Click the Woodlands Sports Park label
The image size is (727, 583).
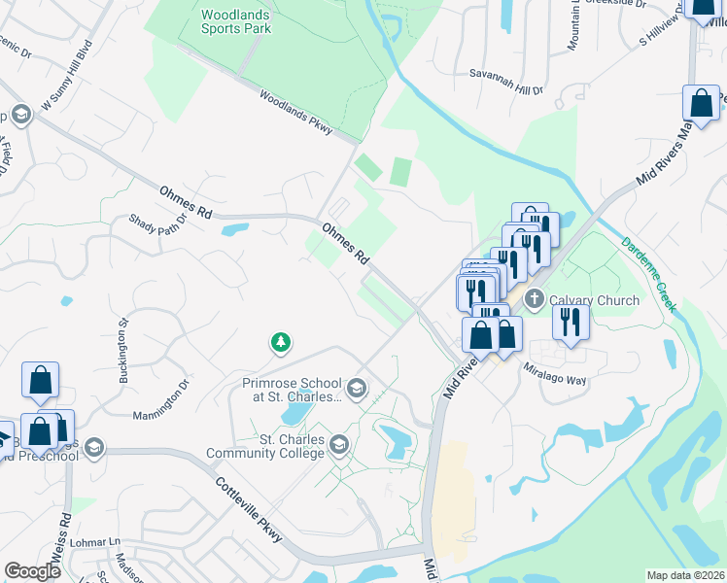point(236,21)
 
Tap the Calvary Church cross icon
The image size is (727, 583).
point(534,300)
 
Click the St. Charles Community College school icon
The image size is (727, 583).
point(339,446)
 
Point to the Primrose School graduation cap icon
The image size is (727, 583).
point(357,389)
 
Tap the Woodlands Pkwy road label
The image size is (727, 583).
point(296,112)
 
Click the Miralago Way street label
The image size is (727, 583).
point(555,374)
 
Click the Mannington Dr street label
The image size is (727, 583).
point(161,400)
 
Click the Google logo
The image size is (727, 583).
point(32,571)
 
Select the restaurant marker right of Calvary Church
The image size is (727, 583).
point(571,323)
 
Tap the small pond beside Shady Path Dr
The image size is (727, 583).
point(234,231)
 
